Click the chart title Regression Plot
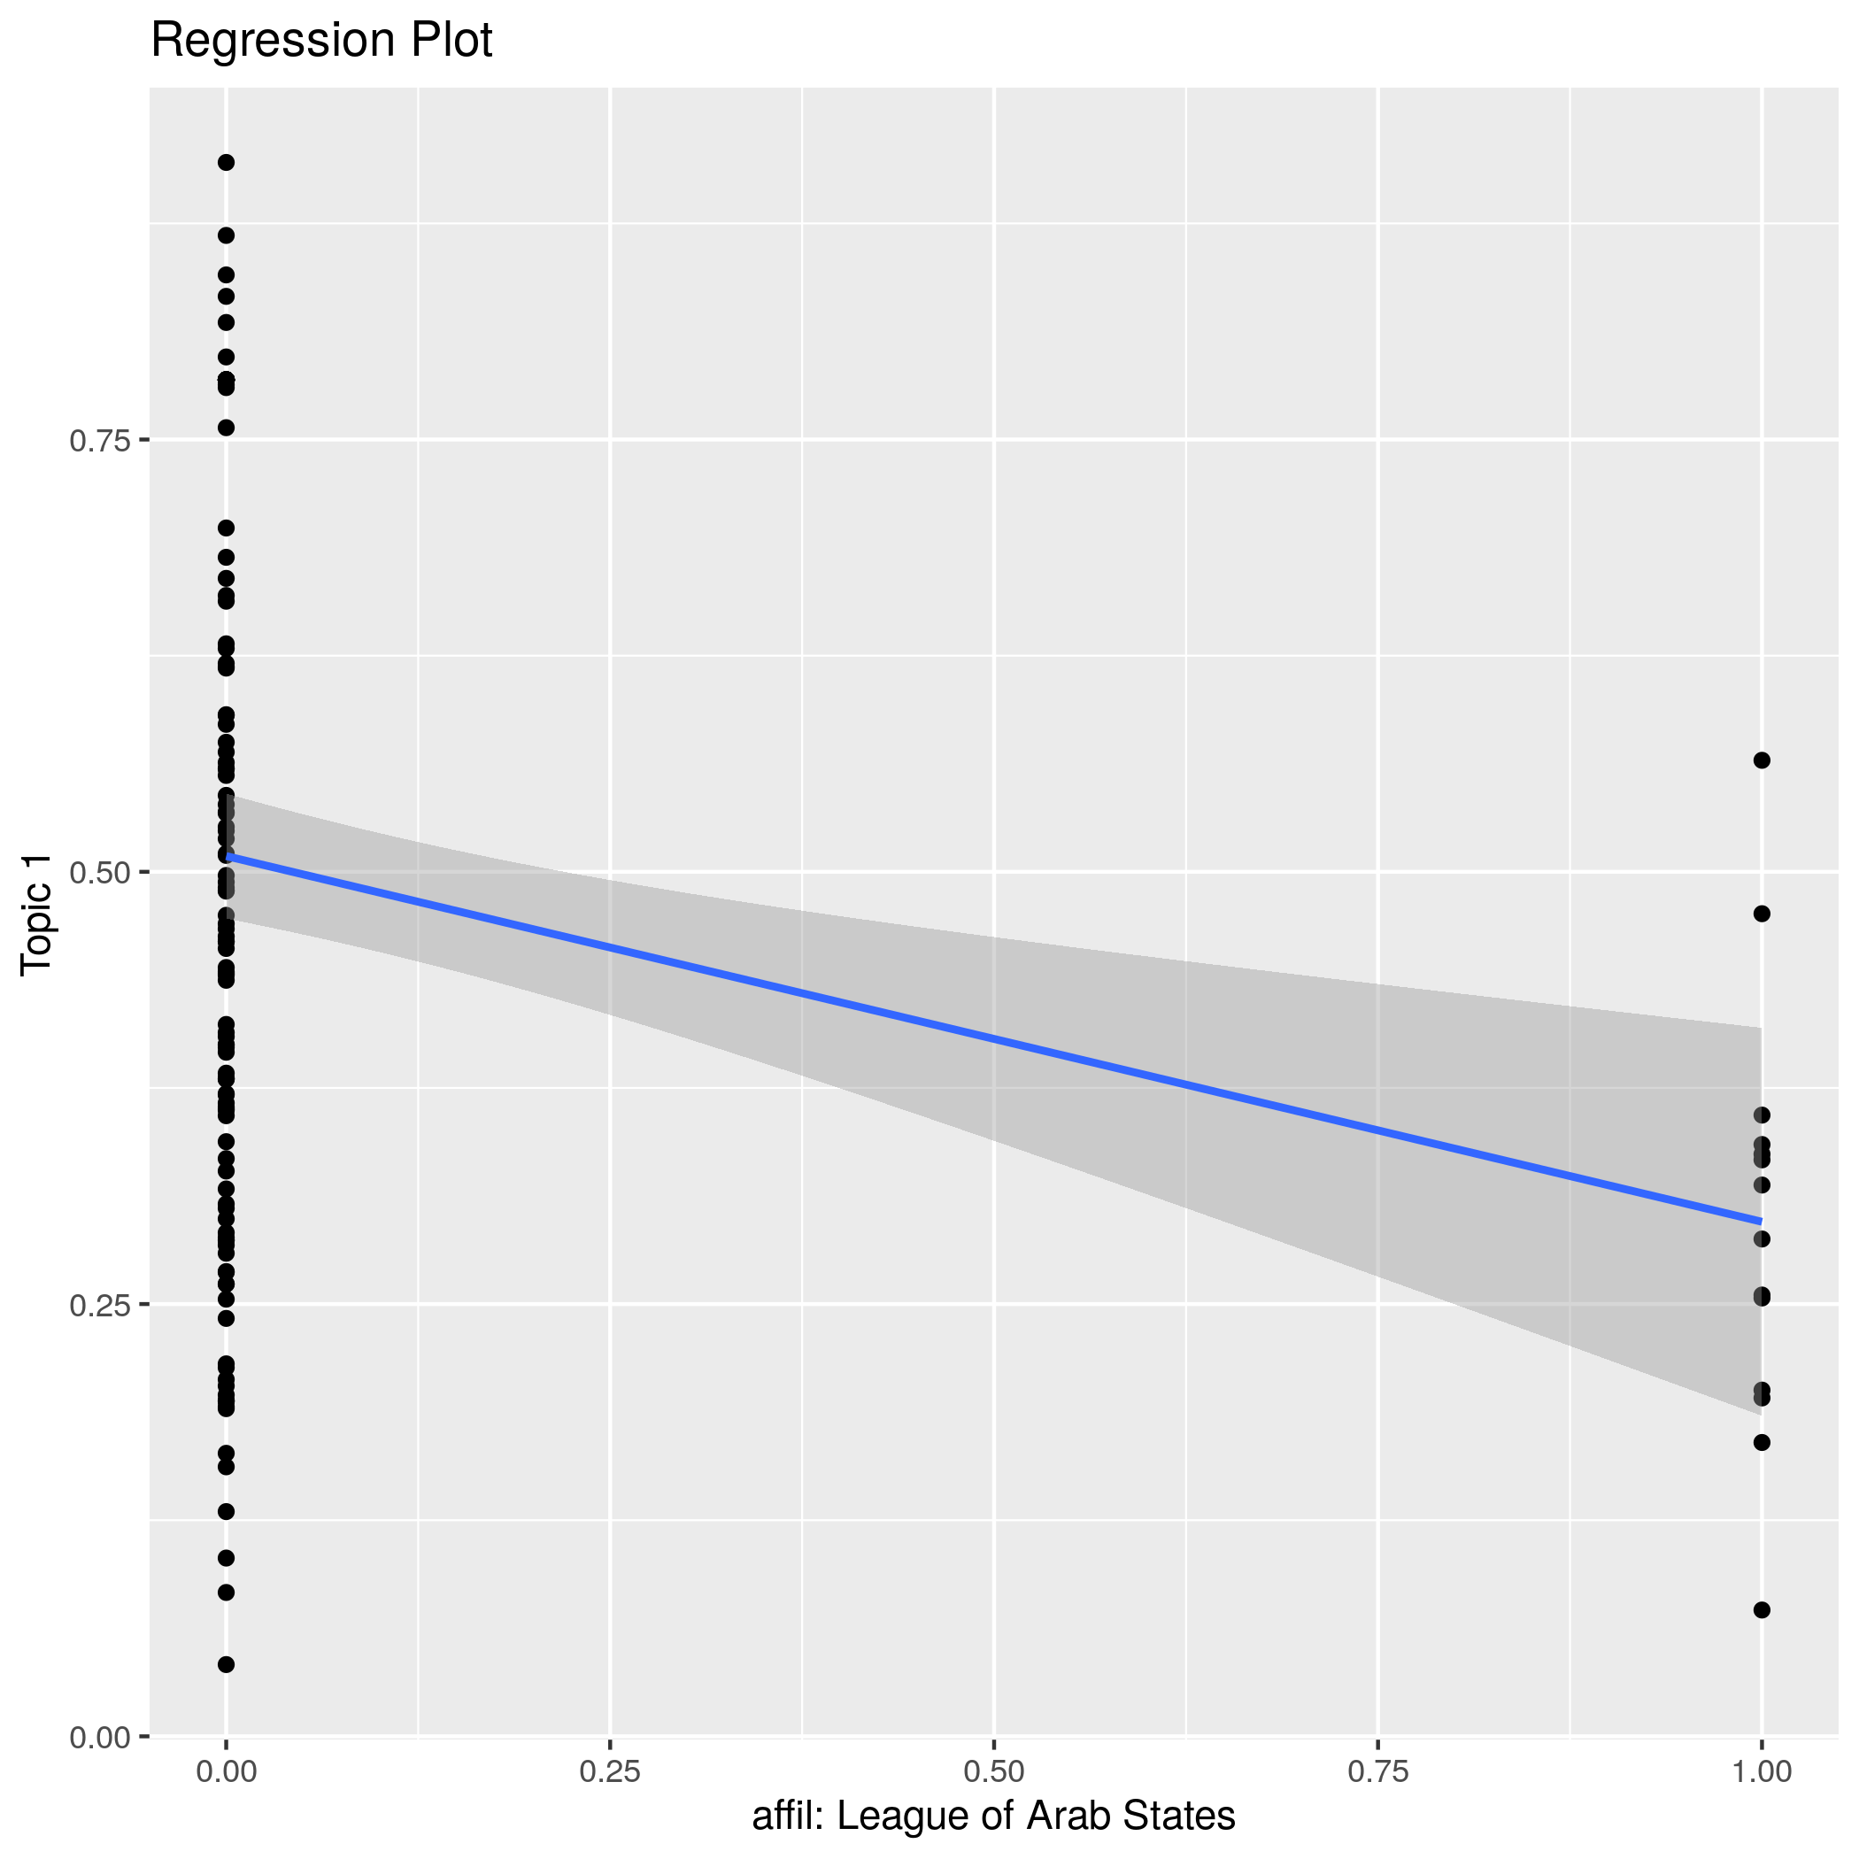tap(321, 42)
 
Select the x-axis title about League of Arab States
tap(993, 1816)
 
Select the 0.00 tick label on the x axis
tap(226, 1771)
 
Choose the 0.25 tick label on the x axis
tap(610, 1771)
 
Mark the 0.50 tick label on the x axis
tap(993, 1771)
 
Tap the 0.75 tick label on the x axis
tap(1378, 1771)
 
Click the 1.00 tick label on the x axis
tap(1761, 1771)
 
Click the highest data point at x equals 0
tap(226, 163)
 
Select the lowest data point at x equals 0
tap(226, 1664)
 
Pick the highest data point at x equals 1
tap(1762, 760)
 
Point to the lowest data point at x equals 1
tap(1762, 1609)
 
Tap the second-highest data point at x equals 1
tap(1762, 914)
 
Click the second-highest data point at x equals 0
tap(226, 235)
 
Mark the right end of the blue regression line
tap(1760, 1221)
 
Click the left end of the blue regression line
tap(228, 855)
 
